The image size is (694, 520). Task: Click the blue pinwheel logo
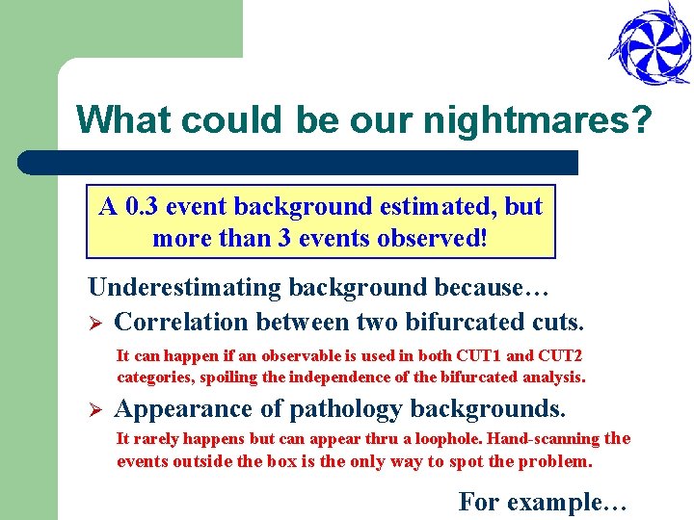(x=649, y=44)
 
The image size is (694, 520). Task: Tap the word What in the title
(x=124, y=120)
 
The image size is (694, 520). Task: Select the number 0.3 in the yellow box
(x=140, y=206)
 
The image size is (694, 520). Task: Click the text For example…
(x=543, y=502)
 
